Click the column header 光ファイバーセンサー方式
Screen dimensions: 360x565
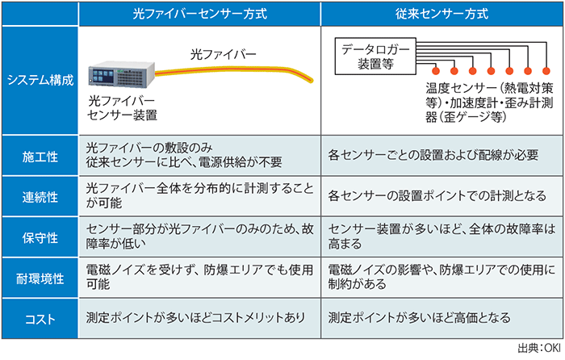click(x=200, y=14)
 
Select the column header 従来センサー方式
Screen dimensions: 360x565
click(x=442, y=14)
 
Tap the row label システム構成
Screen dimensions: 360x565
click(x=40, y=80)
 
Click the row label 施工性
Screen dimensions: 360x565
click(x=40, y=154)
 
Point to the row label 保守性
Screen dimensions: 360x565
click(x=40, y=238)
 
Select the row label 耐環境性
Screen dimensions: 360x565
click(x=40, y=279)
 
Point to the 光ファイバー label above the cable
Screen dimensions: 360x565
click(x=224, y=55)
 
